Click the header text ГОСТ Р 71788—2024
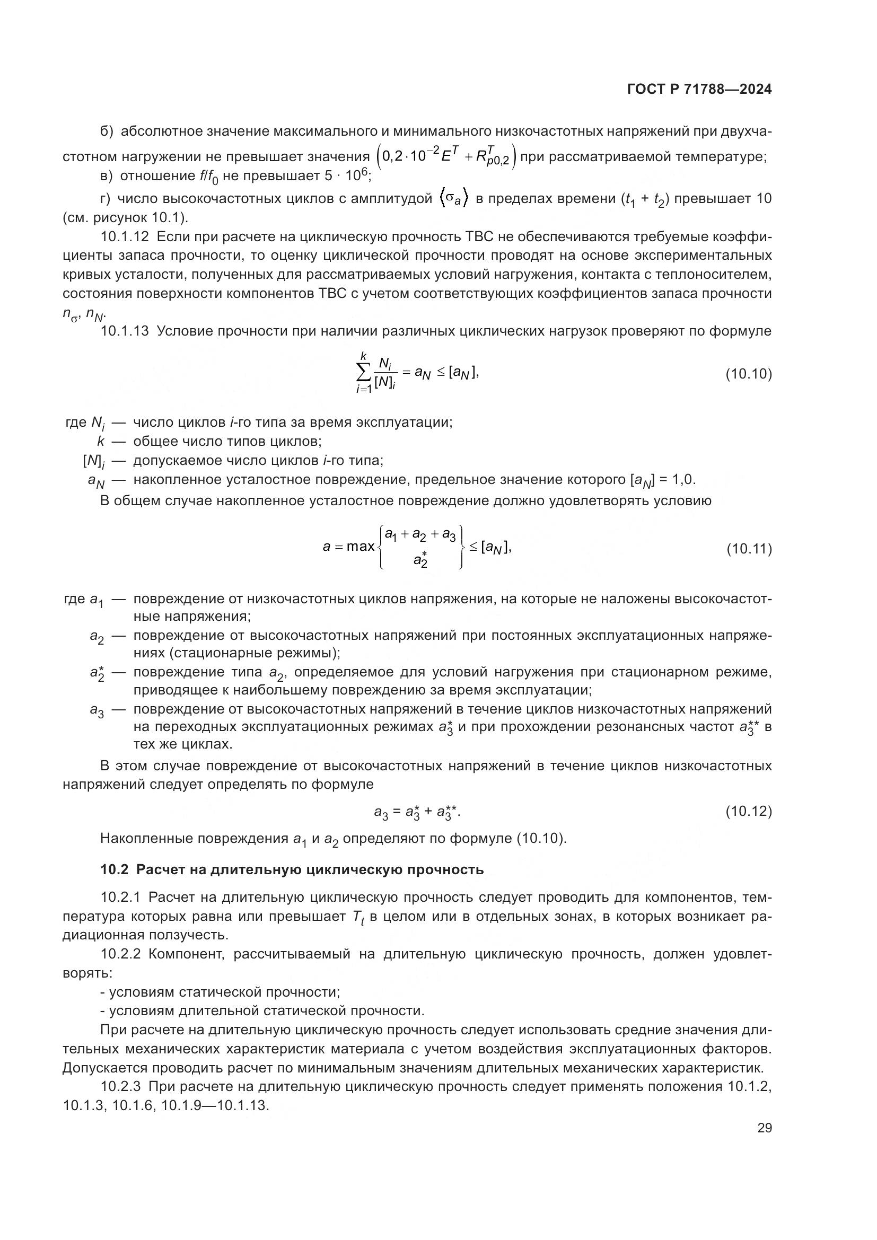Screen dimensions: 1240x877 [x=699, y=90]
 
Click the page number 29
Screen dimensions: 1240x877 [x=764, y=1128]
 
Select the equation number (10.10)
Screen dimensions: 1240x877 [x=749, y=374]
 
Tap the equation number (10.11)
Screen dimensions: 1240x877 [x=749, y=549]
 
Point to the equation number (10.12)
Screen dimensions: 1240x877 [x=749, y=811]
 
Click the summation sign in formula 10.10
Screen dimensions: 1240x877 [x=364, y=372]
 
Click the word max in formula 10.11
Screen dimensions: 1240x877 [x=360, y=547]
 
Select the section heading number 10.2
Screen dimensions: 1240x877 [x=115, y=869]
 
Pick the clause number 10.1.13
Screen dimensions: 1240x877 [x=124, y=331]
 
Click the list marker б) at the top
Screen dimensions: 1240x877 [x=107, y=131]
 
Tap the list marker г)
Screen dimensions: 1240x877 [x=106, y=199]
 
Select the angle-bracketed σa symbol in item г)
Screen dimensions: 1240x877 [x=454, y=199]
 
